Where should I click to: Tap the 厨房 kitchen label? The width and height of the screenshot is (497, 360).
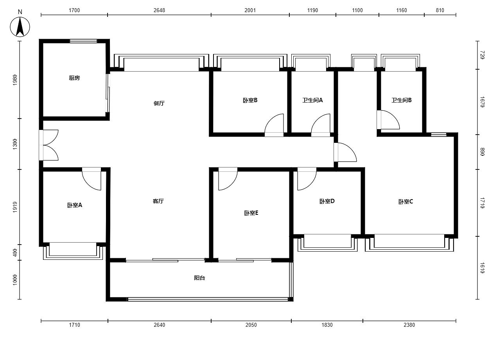(74, 78)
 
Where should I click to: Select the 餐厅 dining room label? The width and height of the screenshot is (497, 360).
(159, 103)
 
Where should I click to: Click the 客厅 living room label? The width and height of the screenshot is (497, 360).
(158, 201)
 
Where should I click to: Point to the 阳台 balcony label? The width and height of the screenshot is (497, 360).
(199, 278)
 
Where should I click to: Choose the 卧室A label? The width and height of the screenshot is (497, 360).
(75, 205)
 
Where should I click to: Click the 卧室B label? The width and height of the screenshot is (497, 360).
(250, 100)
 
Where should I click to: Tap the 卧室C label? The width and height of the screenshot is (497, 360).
(405, 202)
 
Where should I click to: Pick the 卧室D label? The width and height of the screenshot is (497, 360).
(327, 201)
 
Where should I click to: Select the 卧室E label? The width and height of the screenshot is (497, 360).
(251, 213)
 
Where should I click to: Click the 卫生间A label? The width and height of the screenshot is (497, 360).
(312, 100)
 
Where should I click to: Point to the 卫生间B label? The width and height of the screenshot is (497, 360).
(401, 100)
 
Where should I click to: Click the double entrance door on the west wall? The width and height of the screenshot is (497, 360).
(49, 145)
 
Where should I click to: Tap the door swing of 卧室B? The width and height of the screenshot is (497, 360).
(274, 125)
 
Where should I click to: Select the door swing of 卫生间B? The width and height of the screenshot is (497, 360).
(388, 120)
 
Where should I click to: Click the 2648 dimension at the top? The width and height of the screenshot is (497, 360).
(159, 10)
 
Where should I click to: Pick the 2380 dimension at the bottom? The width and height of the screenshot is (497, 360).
(409, 325)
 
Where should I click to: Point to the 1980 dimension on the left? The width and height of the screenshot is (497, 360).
(15, 80)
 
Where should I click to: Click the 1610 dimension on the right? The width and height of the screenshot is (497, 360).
(482, 268)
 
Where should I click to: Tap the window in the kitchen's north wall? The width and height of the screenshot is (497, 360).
(83, 41)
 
